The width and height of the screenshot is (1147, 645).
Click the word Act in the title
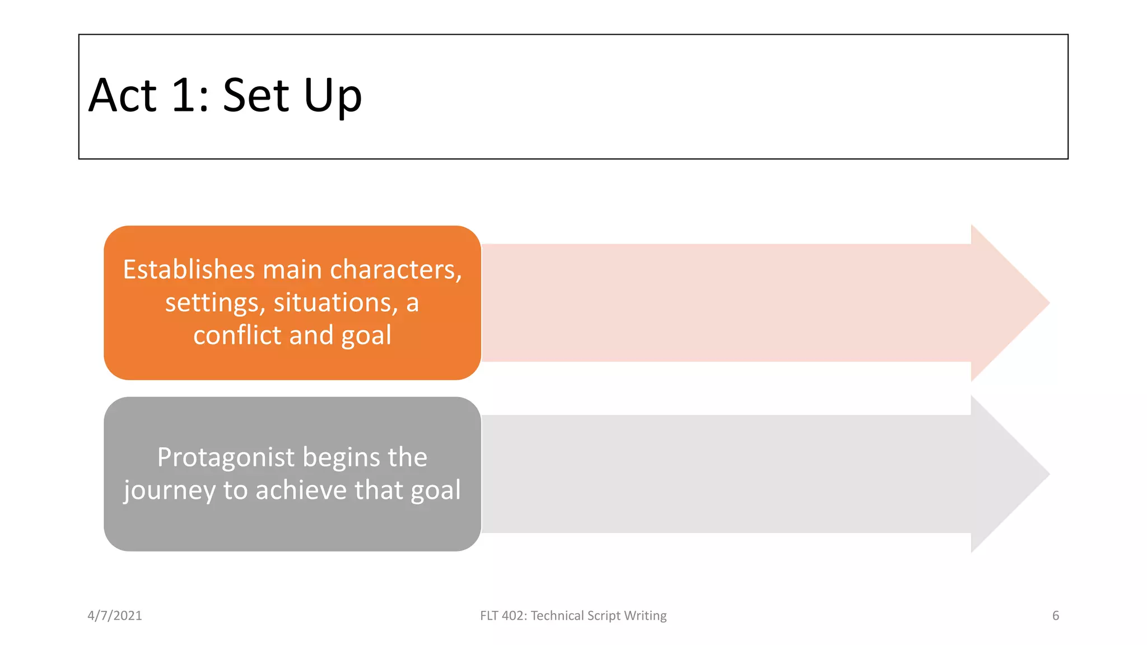point(122,96)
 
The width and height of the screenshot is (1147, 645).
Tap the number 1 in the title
point(184,96)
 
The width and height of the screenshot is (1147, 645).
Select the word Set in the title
point(256,96)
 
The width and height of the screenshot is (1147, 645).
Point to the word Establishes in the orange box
point(189,269)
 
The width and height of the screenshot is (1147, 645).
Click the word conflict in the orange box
point(237,335)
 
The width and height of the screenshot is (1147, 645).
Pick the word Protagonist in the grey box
point(226,457)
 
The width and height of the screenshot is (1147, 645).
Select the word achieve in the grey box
point(301,490)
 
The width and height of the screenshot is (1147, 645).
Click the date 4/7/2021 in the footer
point(115,616)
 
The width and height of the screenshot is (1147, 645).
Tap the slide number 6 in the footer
point(1055,616)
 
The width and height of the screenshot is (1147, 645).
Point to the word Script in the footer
point(604,616)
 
